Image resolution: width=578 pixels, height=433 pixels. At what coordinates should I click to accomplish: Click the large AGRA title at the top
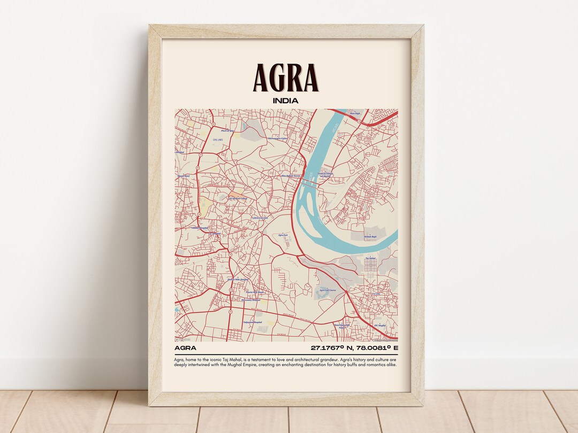click(286, 78)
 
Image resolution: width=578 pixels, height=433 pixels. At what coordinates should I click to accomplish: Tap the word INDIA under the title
click(286, 100)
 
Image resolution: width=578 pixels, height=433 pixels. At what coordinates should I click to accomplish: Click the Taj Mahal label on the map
click(371, 258)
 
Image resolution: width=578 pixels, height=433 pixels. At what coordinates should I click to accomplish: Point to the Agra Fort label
click(284, 234)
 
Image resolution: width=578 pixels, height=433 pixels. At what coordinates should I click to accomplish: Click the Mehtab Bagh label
click(370, 236)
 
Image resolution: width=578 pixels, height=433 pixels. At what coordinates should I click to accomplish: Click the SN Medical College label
click(238, 198)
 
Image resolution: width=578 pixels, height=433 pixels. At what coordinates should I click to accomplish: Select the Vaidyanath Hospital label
click(252, 323)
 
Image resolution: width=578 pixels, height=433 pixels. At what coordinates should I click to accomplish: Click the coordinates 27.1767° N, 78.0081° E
click(354, 348)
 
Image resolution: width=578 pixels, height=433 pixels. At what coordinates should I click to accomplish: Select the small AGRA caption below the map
click(185, 348)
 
